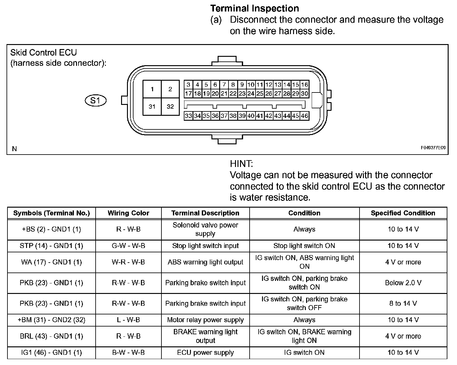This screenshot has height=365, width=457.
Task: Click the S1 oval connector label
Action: pyautogui.click(x=96, y=101)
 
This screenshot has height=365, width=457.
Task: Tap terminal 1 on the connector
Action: pyautogui.click(x=152, y=89)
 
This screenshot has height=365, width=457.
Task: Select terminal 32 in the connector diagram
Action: pyautogui.click(x=170, y=107)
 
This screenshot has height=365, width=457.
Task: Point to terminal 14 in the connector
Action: pyautogui.click(x=287, y=84)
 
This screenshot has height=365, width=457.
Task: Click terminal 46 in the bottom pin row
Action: pyautogui.click(x=305, y=116)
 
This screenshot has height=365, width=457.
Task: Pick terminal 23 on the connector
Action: pyautogui.click(x=242, y=93)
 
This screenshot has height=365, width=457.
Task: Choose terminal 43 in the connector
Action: pyautogui.click(x=278, y=116)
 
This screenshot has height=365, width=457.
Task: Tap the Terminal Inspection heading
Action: pyautogui.click(x=255, y=8)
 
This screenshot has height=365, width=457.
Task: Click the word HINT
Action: pyautogui.click(x=241, y=164)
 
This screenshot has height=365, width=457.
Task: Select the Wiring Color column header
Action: pyautogui.click(x=128, y=213)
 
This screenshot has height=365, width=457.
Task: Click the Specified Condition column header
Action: pyautogui.click(x=403, y=213)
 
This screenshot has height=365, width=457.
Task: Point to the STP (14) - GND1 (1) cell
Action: pyautogui.click(x=51, y=246)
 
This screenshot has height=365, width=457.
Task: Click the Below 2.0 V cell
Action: pyautogui.click(x=403, y=283)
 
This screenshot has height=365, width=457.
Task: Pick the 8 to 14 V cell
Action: pyautogui.click(x=403, y=303)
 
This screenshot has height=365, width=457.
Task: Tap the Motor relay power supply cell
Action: pyautogui.click(x=205, y=320)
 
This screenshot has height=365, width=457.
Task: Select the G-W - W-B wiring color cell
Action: pyautogui.click(x=128, y=246)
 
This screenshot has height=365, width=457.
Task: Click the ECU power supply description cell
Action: pyautogui.click(x=205, y=353)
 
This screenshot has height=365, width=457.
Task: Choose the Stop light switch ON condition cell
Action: pyautogui.click(x=304, y=246)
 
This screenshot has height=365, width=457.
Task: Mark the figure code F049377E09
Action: pyautogui.click(x=433, y=148)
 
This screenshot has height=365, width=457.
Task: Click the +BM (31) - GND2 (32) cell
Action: pyautogui.click(x=51, y=320)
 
